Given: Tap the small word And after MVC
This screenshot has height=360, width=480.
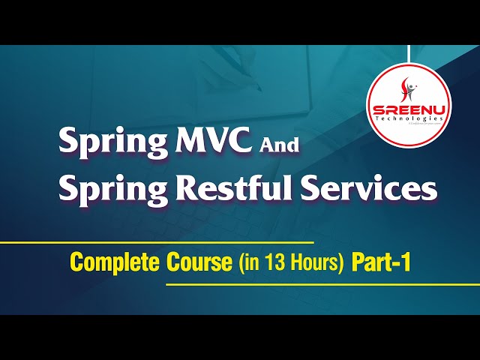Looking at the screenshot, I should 278,145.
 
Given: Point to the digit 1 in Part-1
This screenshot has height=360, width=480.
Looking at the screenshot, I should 405,263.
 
